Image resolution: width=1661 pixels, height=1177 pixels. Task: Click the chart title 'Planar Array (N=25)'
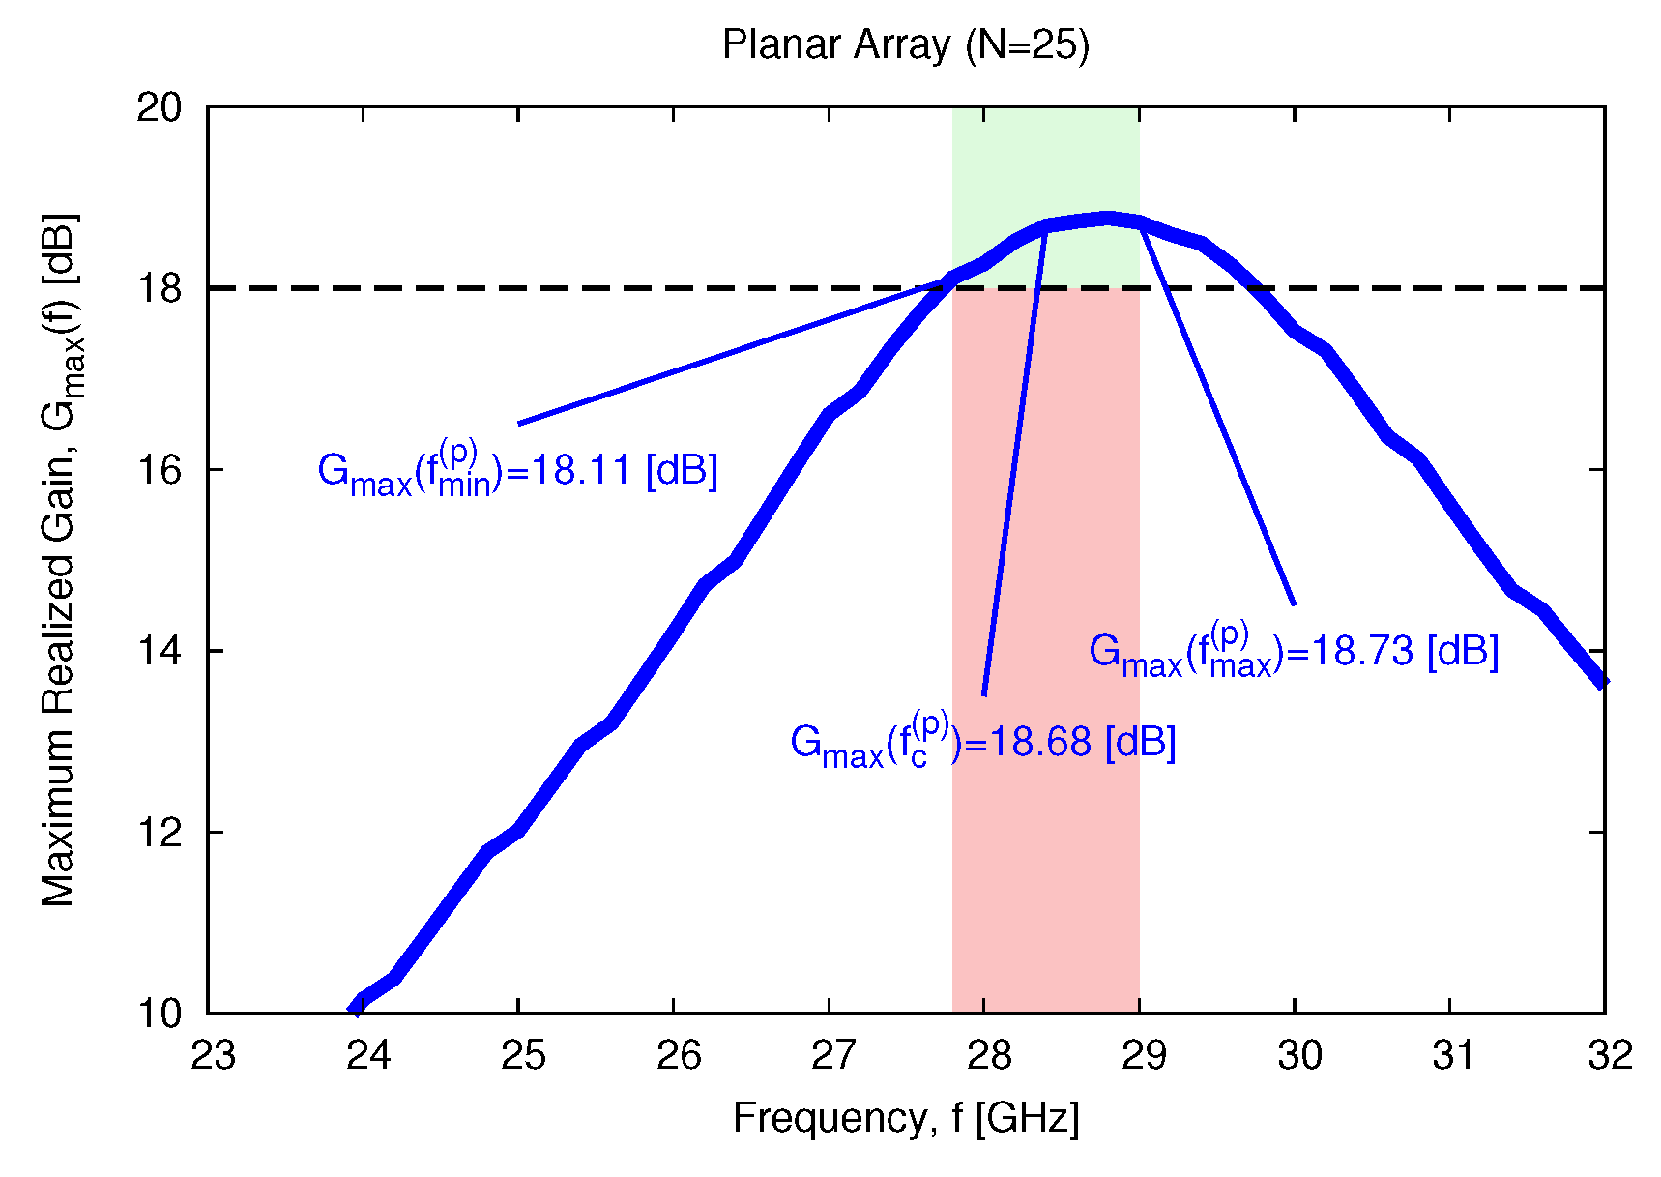[906, 45]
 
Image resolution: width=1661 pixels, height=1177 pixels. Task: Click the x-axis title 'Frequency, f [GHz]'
[906, 1118]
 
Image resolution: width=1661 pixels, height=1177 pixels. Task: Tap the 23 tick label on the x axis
[213, 1055]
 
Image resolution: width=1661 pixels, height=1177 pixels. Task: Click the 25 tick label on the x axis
[523, 1055]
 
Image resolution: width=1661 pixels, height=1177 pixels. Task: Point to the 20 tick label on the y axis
[159, 107]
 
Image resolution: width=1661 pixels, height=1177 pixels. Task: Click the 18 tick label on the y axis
[159, 288]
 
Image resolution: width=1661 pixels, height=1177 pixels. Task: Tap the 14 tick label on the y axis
[159, 651]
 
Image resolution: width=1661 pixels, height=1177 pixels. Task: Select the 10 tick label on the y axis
[159, 1014]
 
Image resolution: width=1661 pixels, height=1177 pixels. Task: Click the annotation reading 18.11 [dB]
[517, 470]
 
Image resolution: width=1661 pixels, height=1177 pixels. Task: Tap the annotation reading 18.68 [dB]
[982, 743]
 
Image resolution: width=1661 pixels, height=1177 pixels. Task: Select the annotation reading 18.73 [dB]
[1293, 651]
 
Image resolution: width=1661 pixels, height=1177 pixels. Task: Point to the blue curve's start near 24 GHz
[357, 1006]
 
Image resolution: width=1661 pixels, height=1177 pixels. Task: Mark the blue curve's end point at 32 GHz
[1602, 680]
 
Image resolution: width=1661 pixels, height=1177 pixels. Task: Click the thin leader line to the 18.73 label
[1218, 416]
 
